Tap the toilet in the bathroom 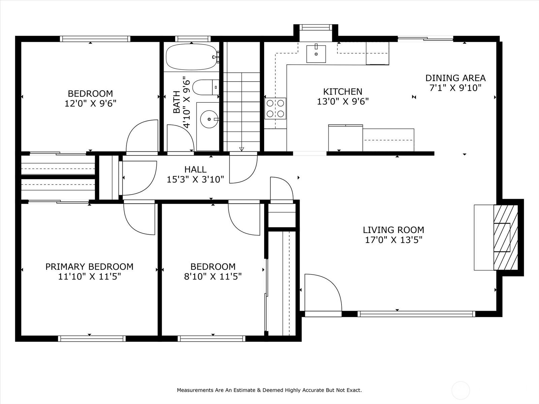point(206,87)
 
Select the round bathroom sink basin point(209,119)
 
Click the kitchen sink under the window point(316,54)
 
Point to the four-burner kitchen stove point(275,108)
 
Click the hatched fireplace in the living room point(506,237)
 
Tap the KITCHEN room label point(343,92)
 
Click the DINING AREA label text point(455,78)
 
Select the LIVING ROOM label point(393,230)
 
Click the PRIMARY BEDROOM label point(89,267)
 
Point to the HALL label point(195,169)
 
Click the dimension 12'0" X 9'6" point(90,103)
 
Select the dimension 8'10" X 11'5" point(213,277)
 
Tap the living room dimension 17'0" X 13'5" point(393,240)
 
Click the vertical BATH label point(177,102)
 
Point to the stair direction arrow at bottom point(242,149)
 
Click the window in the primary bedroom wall point(92,338)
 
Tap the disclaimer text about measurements point(269,390)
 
